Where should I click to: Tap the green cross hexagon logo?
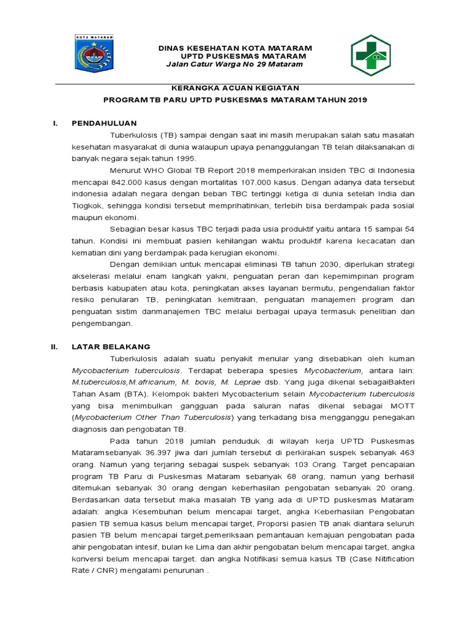coord(370,56)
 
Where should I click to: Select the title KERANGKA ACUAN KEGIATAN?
coord(235,88)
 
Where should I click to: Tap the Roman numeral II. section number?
coord(54,346)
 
